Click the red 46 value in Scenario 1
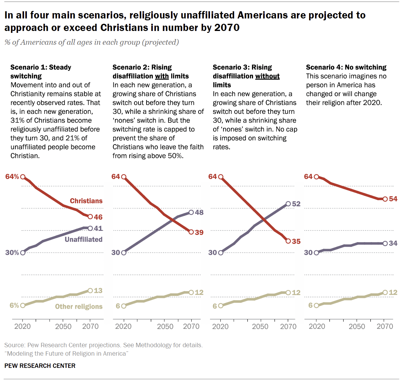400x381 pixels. tap(98, 217)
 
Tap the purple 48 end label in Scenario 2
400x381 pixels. tap(199, 212)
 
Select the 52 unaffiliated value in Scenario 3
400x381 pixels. tap(296, 204)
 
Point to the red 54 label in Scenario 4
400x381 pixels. tap(393, 199)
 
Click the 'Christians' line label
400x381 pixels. tap(86, 201)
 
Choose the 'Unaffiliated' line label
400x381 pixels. tap(83, 239)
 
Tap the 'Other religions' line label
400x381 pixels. tap(79, 307)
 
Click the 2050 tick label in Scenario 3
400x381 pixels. tap(260, 327)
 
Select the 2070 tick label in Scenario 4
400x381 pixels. tap(385, 327)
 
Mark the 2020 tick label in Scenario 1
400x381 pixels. tap(22, 327)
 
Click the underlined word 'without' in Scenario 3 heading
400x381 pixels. tap(267, 76)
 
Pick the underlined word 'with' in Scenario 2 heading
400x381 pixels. tap(162, 76)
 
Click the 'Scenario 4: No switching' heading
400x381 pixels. tap(346, 67)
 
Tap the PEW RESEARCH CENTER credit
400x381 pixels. tap(40, 366)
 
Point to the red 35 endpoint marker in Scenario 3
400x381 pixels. tap(288, 241)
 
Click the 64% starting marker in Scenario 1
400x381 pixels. tap(23, 177)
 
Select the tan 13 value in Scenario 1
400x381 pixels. tap(98, 291)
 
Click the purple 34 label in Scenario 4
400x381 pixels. tap(393, 243)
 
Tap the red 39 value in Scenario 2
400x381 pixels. tap(199, 232)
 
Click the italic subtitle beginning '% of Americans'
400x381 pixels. tap(92, 42)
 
